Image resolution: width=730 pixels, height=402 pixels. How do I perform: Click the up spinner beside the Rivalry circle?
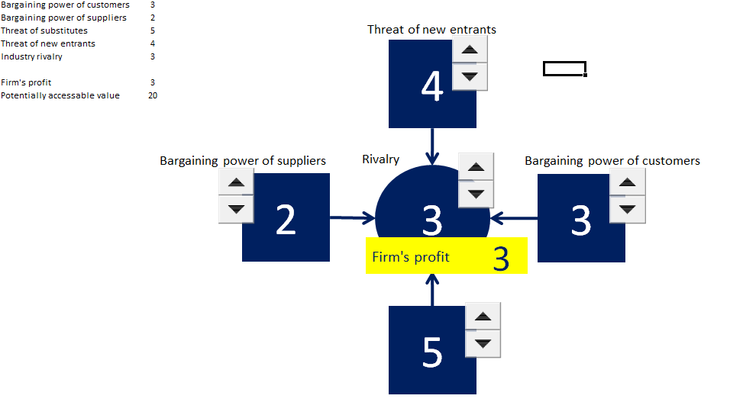coord(476,166)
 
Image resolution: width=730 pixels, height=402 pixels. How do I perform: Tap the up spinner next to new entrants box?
coord(470,50)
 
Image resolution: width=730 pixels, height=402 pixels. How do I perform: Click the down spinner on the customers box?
coord(627,208)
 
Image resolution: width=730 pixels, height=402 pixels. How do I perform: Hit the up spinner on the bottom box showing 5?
coord(482,316)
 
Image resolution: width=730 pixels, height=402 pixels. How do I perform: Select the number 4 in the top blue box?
coord(432,87)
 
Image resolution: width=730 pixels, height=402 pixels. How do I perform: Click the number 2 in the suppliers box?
coord(286,220)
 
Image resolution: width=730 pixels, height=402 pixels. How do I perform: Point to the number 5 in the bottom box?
coord(432,353)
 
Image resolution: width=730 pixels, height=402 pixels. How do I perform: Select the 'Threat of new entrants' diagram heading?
coord(431,30)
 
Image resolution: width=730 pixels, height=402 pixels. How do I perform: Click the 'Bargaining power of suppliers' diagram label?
coord(242,161)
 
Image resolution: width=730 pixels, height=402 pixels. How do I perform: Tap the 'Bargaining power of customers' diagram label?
coord(612,161)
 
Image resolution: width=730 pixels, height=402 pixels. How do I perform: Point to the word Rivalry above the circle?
coord(380,159)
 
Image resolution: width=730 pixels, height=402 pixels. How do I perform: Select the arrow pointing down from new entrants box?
coord(433,146)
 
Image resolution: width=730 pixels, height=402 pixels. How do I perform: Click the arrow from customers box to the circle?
coord(514,219)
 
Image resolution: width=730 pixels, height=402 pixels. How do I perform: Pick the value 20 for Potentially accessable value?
coord(153,95)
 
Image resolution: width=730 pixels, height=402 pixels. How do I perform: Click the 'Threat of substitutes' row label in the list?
coord(44,31)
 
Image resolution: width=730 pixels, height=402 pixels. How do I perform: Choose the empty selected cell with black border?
coord(564,69)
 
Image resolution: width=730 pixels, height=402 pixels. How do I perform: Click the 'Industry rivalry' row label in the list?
coord(32,56)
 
